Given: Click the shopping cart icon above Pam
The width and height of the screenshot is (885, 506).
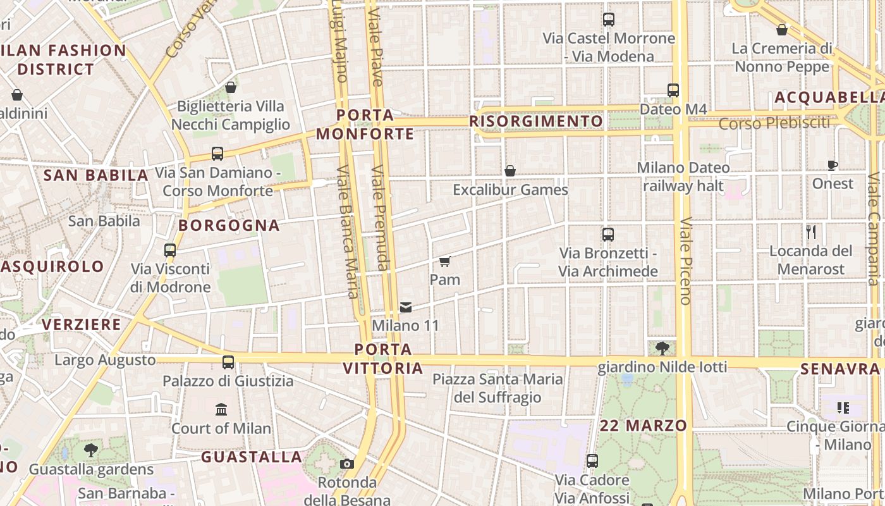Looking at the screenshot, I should pyautogui.click(x=444, y=261).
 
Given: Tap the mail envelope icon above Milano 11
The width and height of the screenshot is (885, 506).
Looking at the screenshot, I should pyautogui.click(x=406, y=307).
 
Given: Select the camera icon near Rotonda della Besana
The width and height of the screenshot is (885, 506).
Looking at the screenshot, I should pyautogui.click(x=346, y=464).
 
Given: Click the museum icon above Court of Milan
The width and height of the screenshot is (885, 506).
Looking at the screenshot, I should pyautogui.click(x=221, y=410).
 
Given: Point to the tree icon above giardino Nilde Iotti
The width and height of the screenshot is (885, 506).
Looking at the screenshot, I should pyautogui.click(x=662, y=348).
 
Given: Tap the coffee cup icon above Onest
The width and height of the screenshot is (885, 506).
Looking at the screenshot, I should pyautogui.click(x=833, y=166).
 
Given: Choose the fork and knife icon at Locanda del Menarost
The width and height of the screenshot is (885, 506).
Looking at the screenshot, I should pyautogui.click(x=812, y=232).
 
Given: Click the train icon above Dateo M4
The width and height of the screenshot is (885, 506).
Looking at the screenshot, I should pyautogui.click(x=673, y=90).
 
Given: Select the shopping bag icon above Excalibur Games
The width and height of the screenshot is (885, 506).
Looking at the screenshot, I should pyautogui.click(x=510, y=171).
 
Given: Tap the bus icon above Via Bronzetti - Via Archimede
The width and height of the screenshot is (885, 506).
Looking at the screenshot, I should pyautogui.click(x=608, y=235).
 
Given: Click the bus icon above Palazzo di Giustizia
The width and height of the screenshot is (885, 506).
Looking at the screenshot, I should pyautogui.click(x=228, y=362).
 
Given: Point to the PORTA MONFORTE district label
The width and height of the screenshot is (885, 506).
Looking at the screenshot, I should pyautogui.click(x=365, y=125).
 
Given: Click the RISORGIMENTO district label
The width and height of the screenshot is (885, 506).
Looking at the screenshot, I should pyautogui.click(x=536, y=121).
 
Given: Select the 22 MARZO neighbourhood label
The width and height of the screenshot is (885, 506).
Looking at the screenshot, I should pyautogui.click(x=644, y=426).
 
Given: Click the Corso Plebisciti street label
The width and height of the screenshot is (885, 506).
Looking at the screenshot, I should pyautogui.click(x=774, y=123).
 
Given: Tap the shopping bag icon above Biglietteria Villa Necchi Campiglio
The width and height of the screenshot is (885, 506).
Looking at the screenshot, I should pyautogui.click(x=231, y=87).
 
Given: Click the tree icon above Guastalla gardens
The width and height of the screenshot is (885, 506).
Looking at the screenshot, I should pyautogui.click(x=91, y=450).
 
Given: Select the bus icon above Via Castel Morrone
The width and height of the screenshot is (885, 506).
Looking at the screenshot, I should pyautogui.click(x=609, y=20).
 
